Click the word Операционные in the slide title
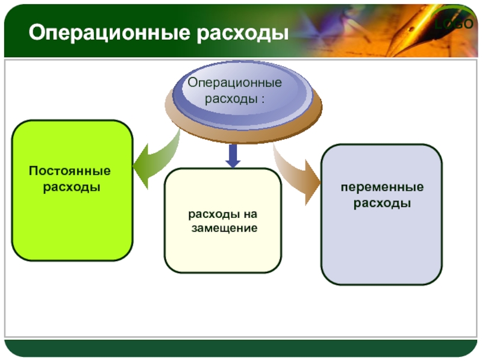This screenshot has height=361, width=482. [110, 33]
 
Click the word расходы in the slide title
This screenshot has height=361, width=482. [243, 33]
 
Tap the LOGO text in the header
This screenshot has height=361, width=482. [454, 23]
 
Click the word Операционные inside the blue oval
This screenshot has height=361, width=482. [235, 83]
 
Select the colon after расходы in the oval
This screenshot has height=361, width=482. [263, 99]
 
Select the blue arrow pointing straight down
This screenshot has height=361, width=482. [233, 156]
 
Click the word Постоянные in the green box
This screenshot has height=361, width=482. [69, 171]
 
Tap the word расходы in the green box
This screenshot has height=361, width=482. [72, 187]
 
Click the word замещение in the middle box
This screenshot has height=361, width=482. [224, 229]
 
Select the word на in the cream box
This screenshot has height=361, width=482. [251, 214]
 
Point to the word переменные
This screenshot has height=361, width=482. [382, 187]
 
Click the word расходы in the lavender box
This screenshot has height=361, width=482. [382, 203]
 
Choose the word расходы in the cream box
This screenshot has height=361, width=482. [214, 215]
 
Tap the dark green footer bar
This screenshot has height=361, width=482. [240, 348]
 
